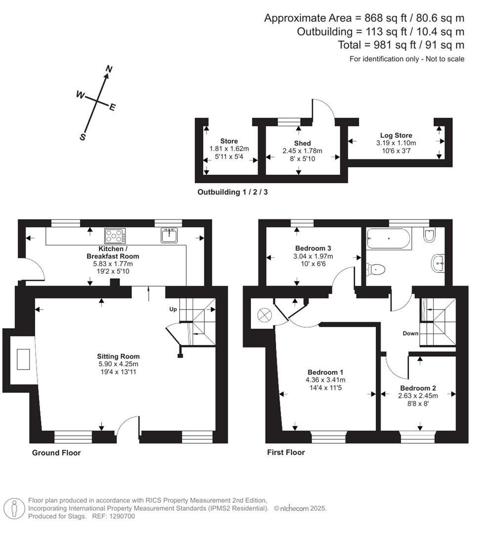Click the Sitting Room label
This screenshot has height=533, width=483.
(119, 356)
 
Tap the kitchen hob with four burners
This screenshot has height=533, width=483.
(115, 236)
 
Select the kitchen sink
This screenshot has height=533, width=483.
(169, 235)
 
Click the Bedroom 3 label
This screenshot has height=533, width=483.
(310, 248)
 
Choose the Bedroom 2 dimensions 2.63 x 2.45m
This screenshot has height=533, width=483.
(418, 396)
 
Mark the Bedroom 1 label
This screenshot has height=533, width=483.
(325, 372)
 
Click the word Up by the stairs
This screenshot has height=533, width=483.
(173, 309)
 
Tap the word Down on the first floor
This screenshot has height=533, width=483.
(410, 334)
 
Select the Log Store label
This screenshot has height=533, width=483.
(396, 135)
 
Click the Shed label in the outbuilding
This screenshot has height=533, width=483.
(302, 143)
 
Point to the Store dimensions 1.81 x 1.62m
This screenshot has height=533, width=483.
(229, 149)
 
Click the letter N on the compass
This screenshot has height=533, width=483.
(109, 70)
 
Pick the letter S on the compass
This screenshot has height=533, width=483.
(83, 137)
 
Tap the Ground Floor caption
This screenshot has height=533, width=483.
(56, 453)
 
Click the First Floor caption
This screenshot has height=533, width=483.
(286, 452)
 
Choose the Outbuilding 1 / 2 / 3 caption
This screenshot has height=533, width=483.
(233, 192)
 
